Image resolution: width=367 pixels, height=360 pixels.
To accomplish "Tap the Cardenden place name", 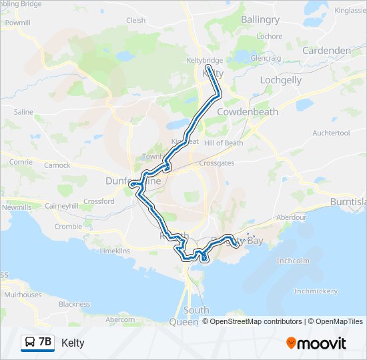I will [x=326, y=51].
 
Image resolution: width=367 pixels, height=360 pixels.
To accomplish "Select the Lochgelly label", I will [x=280, y=80].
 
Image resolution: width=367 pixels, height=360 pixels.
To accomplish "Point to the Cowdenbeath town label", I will [x=247, y=112].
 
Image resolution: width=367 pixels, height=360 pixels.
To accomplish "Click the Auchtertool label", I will [x=331, y=133].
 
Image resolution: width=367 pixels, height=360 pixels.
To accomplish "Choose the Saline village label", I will [x=23, y=112].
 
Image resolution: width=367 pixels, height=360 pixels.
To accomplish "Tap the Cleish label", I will [x=135, y=21].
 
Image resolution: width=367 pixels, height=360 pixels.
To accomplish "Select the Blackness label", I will [x=74, y=305].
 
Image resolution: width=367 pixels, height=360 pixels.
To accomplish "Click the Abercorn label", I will [x=120, y=320].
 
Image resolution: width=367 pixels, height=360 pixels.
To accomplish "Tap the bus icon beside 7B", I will [x=30, y=343].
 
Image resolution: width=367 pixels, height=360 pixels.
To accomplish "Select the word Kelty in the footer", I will [x=73, y=343].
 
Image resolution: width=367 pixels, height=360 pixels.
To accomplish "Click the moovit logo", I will [x=316, y=343].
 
